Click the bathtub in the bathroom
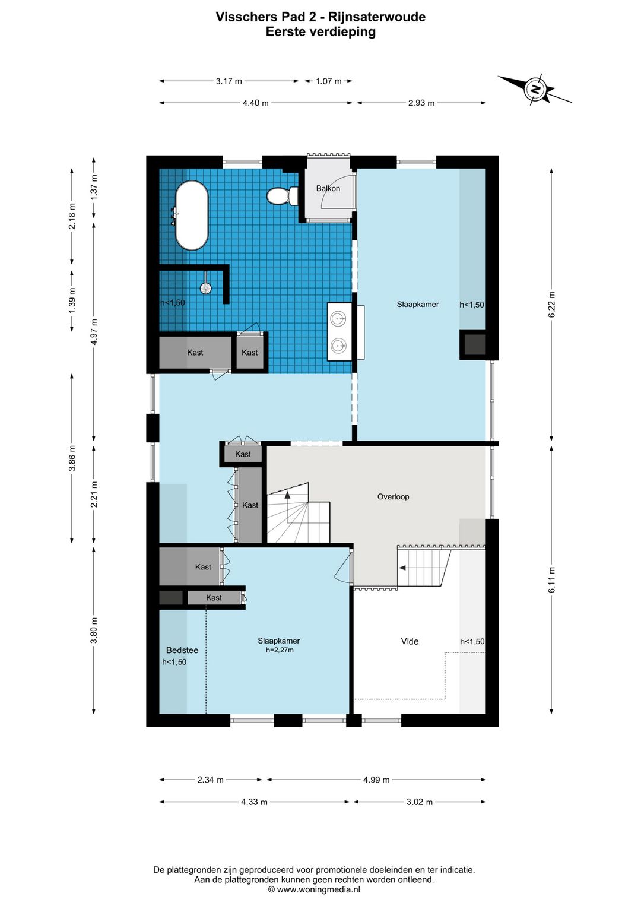tap(191, 215)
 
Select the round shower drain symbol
tap(205, 289)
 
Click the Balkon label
tap(328, 188)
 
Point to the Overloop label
tap(393, 496)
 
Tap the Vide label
tap(410, 641)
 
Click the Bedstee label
tap(182, 650)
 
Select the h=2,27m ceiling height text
tap(279, 650)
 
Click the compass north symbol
tap(535, 90)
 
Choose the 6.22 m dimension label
tap(552, 305)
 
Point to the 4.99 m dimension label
tap(376, 780)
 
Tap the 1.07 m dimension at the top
tap(328, 81)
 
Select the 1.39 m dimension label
tap(72, 300)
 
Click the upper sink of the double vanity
tap(339, 319)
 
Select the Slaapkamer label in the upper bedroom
tap(418, 304)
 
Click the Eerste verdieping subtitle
tap(320, 32)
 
